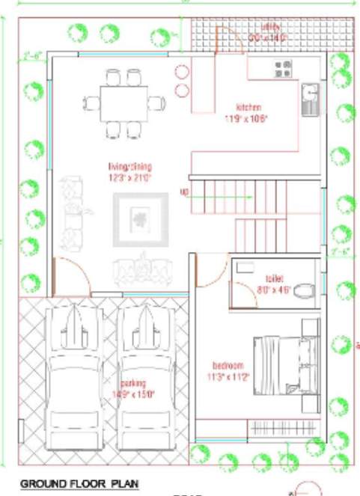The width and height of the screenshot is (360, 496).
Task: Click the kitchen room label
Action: click(x=248, y=106)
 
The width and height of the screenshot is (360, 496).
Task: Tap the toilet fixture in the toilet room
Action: click(x=302, y=290)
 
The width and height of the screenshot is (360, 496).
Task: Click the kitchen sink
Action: click(x=310, y=99)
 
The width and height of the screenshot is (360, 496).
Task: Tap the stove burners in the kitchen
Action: click(x=283, y=70)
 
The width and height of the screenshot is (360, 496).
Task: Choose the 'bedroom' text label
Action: click(x=228, y=365)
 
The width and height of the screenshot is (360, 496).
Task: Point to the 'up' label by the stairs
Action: click(x=183, y=192)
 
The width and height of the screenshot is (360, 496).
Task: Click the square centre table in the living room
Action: click(x=140, y=219)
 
